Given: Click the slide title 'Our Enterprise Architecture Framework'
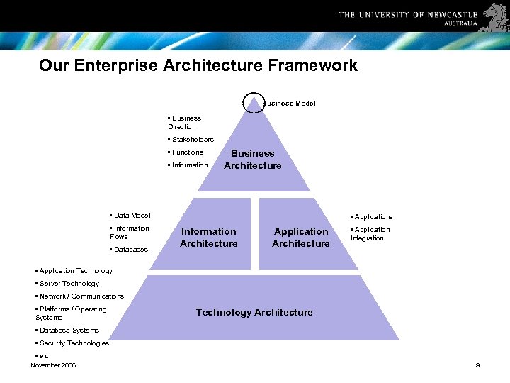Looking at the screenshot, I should (x=198, y=66).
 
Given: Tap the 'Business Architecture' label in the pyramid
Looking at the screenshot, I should (x=253, y=160).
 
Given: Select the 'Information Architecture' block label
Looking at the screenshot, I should (x=209, y=238).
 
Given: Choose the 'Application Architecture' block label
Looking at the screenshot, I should (x=301, y=238).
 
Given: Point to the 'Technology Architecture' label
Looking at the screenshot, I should (x=254, y=312).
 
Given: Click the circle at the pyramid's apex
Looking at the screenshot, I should (x=254, y=103).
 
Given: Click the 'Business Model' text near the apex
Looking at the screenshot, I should (x=290, y=104).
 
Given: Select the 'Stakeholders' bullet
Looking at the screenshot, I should (x=192, y=140).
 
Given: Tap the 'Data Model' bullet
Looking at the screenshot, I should (x=131, y=216).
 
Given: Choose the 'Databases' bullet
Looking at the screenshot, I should (x=130, y=250).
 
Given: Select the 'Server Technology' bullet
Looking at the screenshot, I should (x=69, y=284).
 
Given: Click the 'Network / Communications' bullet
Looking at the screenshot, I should (x=80, y=296).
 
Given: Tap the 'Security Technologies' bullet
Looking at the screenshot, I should (x=73, y=343).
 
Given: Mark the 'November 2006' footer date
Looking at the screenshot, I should (x=53, y=365).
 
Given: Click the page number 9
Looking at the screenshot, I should (x=477, y=365).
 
